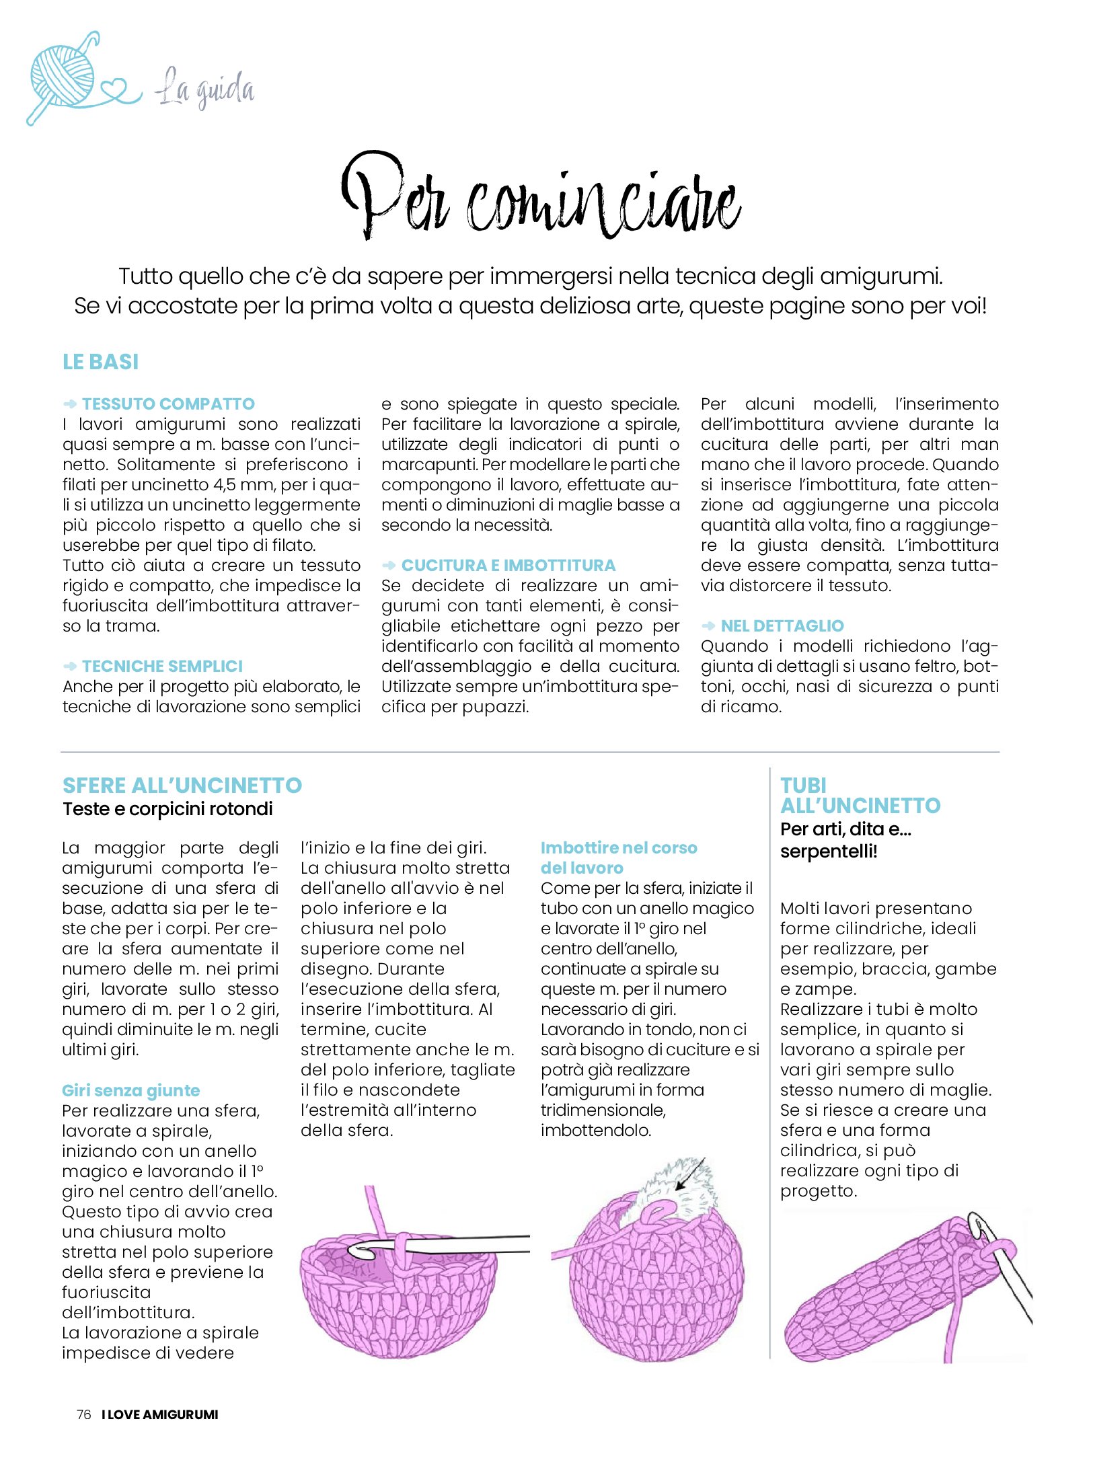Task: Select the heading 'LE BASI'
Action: [100, 362]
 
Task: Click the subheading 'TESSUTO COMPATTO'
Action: [168, 404]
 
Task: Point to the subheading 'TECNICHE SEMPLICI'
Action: [162, 667]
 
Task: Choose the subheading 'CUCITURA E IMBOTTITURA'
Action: [508, 566]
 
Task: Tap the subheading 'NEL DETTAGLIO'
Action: [782, 626]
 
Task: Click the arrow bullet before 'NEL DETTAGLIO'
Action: [708, 626]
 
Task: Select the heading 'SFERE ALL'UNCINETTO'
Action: [182, 786]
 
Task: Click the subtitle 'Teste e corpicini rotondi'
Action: [167, 809]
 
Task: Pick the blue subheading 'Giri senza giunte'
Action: [130, 1090]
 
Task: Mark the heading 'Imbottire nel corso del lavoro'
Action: [618, 858]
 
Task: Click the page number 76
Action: [83, 1414]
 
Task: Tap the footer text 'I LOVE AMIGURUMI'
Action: [160, 1414]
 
